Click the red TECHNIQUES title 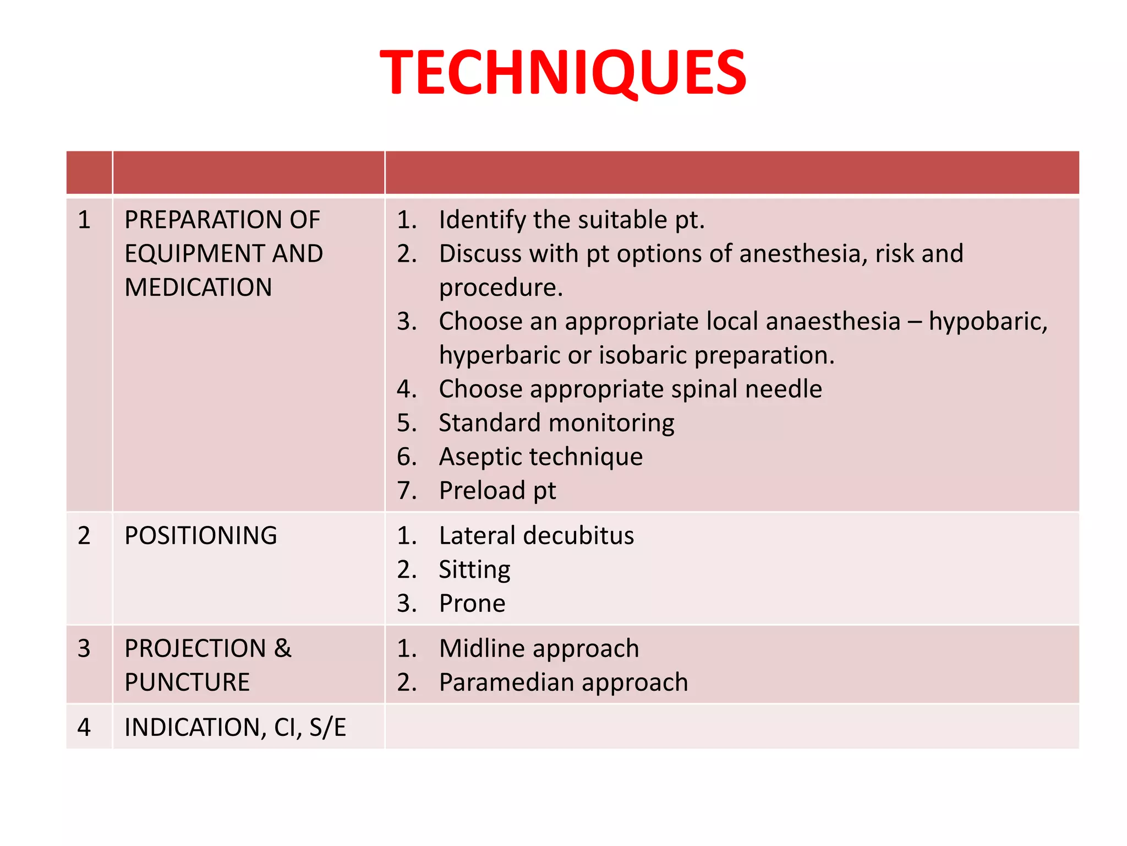click(x=563, y=73)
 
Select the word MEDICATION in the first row click(x=198, y=288)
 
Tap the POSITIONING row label click(x=201, y=536)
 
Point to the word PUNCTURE click(x=187, y=682)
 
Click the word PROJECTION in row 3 click(x=195, y=649)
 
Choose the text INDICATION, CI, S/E click(x=235, y=728)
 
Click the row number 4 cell click(x=84, y=728)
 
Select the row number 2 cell click(x=84, y=536)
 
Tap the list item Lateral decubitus click(x=536, y=536)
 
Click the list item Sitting click(x=474, y=570)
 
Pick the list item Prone click(x=472, y=604)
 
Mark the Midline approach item click(x=539, y=649)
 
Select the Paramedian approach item click(x=563, y=682)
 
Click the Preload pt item click(x=497, y=491)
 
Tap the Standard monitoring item click(x=556, y=423)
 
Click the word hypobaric click(x=988, y=322)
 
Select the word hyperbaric click(x=499, y=355)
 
